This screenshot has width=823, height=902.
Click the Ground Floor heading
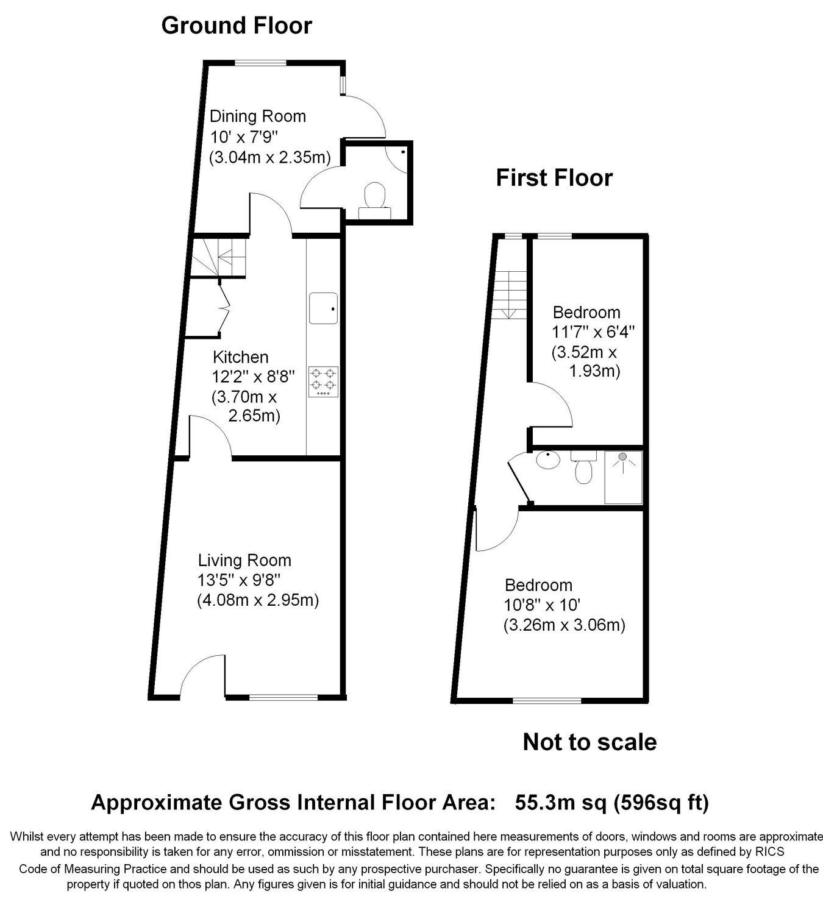tap(237, 26)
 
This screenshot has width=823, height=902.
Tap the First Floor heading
tap(554, 177)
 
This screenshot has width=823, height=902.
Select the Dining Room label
tap(258, 116)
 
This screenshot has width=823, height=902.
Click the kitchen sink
tap(323, 308)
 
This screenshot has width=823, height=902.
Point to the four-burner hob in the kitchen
tap(323, 382)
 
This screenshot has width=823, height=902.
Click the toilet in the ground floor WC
tap(374, 200)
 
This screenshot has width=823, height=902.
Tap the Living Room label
tap(245, 560)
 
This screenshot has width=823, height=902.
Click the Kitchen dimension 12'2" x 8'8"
tap(254, 376)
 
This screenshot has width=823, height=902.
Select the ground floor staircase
tap(219, 258)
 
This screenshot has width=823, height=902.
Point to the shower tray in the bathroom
tap(623, 477)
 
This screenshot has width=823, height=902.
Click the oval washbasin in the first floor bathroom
tap(547, 460)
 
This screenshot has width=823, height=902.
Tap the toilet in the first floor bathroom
tap(583, 467)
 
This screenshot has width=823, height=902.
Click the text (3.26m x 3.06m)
tap(565, 625)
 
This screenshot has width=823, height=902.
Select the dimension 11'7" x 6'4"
tap(593, 332)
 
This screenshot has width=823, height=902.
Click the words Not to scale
tap(590, 742)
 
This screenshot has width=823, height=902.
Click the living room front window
tap(283, 697)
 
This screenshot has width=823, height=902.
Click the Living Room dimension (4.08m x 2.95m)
tap(258, 600)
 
